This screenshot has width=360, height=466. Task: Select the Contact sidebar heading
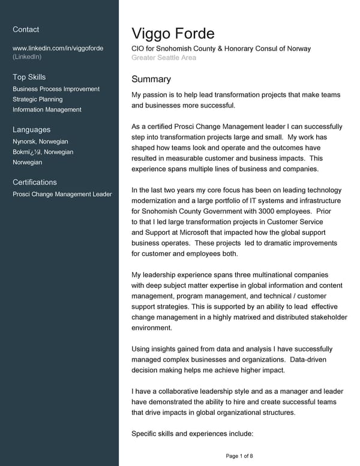26,29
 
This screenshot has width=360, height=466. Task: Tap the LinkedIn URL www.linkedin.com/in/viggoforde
58,48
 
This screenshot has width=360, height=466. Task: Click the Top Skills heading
29,77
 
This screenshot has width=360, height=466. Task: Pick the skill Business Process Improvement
56,89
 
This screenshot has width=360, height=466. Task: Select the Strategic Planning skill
37,99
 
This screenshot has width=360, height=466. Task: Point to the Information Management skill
47,109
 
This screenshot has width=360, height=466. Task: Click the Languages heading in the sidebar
31,130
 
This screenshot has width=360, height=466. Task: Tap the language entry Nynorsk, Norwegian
40,142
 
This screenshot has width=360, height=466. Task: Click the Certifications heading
35,182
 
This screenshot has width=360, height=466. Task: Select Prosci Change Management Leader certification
62,194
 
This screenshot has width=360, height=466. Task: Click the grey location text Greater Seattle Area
163,58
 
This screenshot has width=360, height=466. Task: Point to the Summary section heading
151,79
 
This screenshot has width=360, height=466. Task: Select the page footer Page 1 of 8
239,456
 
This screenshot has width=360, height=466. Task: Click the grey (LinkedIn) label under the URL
27,56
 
